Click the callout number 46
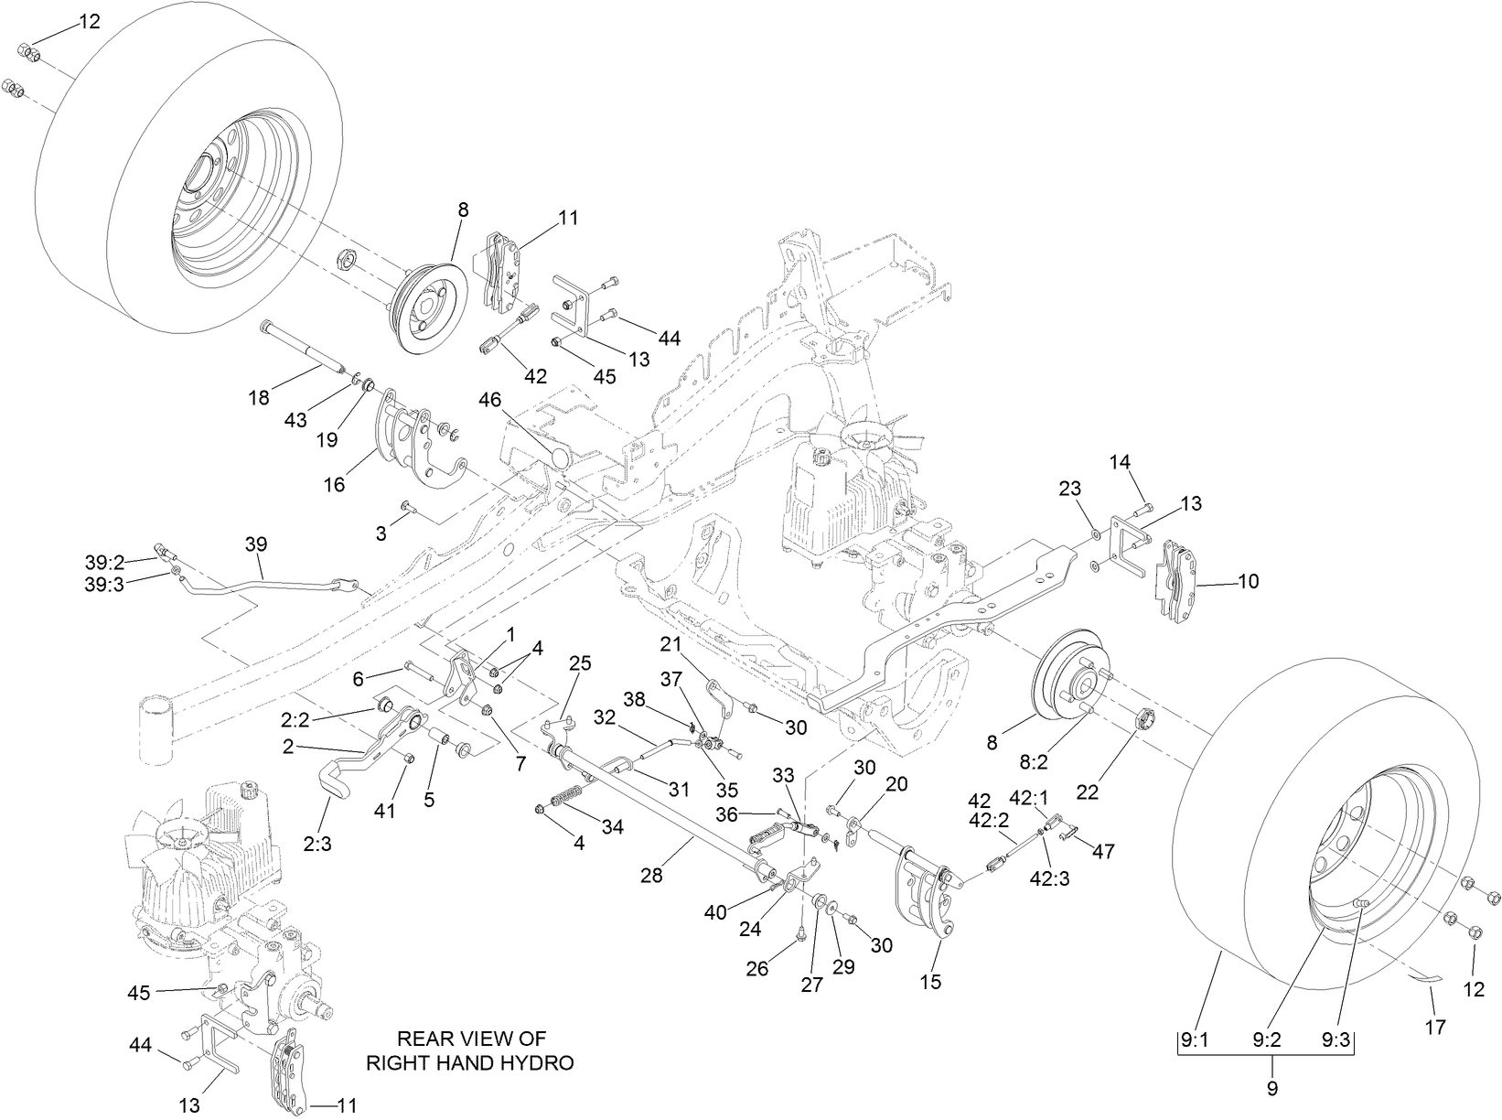[490, 399]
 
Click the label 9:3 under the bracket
[1336, 1040]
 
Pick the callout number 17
[1436, 1028]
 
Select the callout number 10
[1248, 581]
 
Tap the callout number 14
[1121, 462]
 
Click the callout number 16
[335, 485]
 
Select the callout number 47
[1104, 851]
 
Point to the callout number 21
[671, 644]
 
